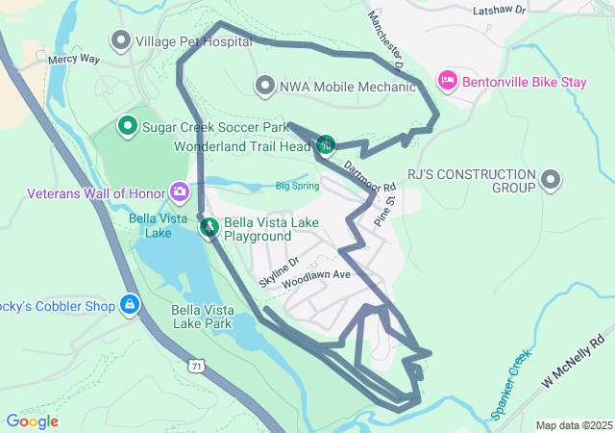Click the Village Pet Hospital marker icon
click(x=121, y=41)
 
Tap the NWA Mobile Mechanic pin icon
click(x=265, y=87)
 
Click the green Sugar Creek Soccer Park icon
click(x=127, y=126)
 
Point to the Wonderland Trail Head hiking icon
click(x=326, y=145)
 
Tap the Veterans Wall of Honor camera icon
click(x=179, y=192)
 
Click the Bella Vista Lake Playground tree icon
click(x=209, y=228)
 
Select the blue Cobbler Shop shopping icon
click(x=130, y=305)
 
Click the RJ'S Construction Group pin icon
click(x=551, y=179)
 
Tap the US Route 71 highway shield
click(x=197, y=366)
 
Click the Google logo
click(x=32, y=421)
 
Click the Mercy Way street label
click(x=74, y=60)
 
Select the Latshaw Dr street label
click(x=500, y=10)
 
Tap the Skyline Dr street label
click(x=279, y=272)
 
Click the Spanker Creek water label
click(x=511, y=384)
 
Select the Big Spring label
click(x=297, y=186)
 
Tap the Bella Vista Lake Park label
click(x=202, y=317)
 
